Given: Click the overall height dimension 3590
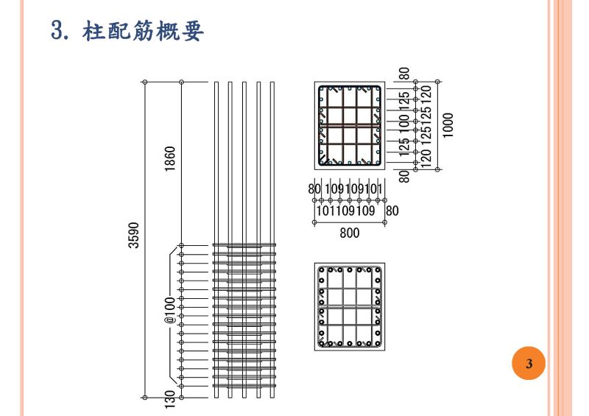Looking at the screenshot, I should tap(134, 236).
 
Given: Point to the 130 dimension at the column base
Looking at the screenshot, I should tap(171, 398).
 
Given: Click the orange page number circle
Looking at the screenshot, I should tap(528, 364).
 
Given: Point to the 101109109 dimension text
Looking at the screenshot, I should tap(345, 211).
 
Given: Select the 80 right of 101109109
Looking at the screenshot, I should tap(392, 211).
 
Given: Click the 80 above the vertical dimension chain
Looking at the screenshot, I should tap(404, 74).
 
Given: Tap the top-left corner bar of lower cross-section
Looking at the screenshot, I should tap(322, 270).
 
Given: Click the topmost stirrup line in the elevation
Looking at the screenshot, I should tap(244, 245).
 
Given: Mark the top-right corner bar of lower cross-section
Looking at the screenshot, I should tap(378, 270).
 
